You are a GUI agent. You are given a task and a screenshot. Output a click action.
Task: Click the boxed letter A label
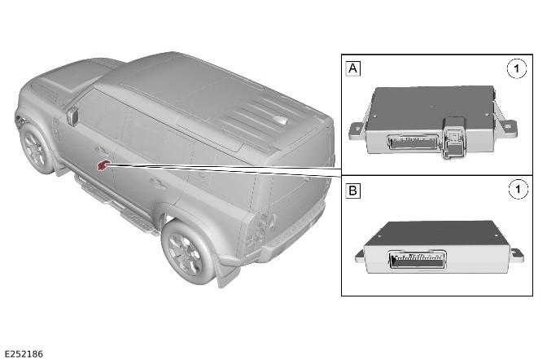352,68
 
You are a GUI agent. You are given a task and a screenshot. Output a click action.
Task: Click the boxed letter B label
352,191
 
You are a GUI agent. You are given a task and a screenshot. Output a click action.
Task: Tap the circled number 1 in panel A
517,68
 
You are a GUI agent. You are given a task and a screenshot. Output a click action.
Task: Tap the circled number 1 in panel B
518,189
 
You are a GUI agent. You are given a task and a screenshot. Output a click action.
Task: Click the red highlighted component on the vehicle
103,165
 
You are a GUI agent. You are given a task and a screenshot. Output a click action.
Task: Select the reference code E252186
24,354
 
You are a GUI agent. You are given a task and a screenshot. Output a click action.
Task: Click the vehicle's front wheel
34,149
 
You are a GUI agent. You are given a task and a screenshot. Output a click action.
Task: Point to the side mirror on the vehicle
72,116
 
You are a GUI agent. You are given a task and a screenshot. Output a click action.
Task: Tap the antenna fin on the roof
280,120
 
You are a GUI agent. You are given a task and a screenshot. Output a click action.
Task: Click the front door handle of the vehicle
102,151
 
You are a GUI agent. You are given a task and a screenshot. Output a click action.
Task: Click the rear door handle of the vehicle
158,183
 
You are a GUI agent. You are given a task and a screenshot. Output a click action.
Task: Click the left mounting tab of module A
357,131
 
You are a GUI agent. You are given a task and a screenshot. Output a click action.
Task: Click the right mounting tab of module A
507,126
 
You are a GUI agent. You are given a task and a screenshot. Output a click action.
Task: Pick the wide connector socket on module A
413,143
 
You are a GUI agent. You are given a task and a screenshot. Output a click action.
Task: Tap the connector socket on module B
418,260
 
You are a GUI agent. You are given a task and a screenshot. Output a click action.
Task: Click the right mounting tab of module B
517,255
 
